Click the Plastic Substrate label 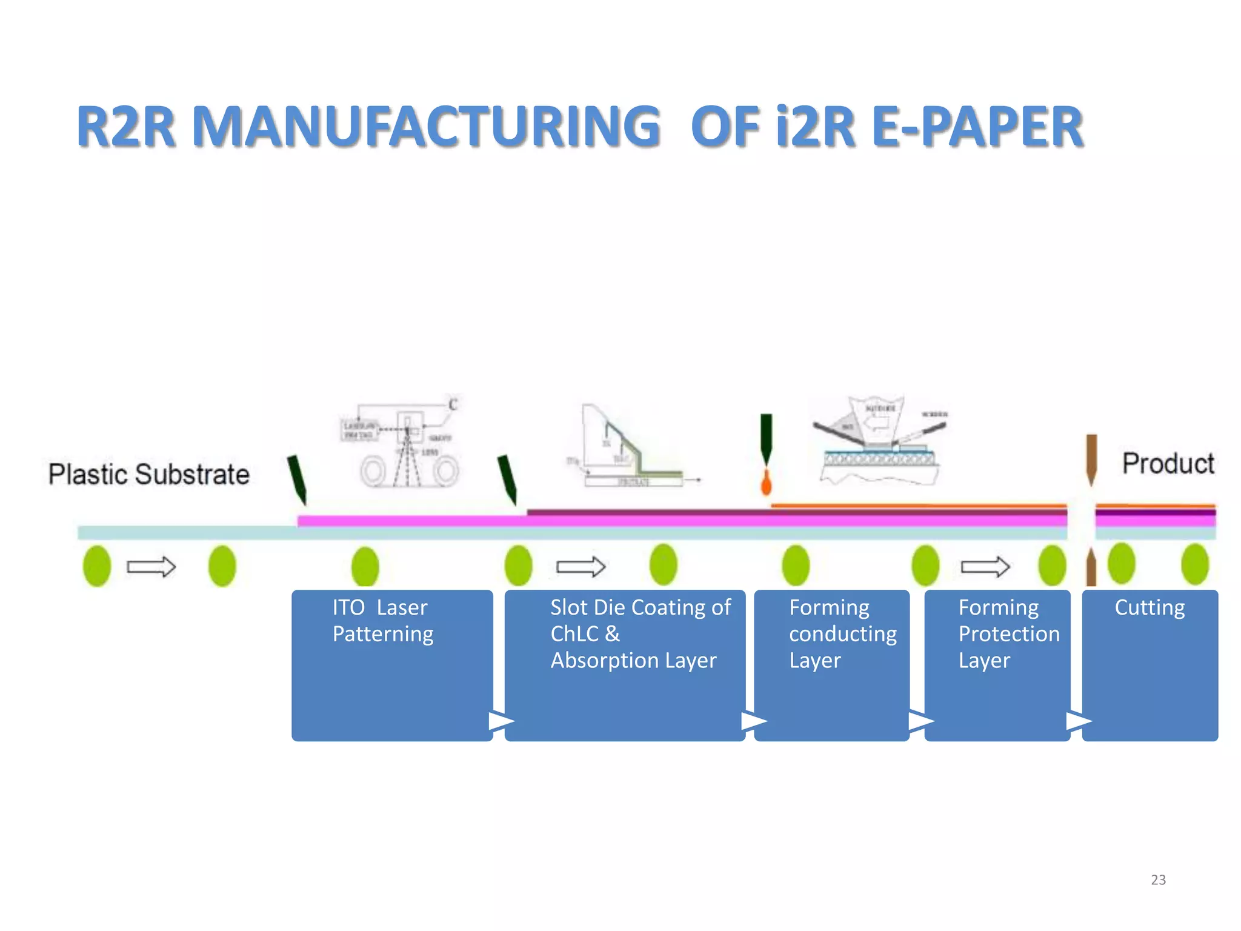click(148, 474)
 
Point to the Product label click(1168, 464)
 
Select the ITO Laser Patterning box click(392, 665)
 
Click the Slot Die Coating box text click(640, 633)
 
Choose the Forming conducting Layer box click(831, 665)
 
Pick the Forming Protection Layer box click(997, 665)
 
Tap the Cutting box click(1150, 665)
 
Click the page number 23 click(1158, 879)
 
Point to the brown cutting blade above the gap click(1091, 458)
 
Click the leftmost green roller click(97, 566)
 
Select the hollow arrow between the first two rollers click(151, 567)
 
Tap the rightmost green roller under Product click(1194, 564)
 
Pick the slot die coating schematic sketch click(630, 449)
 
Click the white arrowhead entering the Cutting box click(1078, 721)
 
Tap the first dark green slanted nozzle click(297, 479)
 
